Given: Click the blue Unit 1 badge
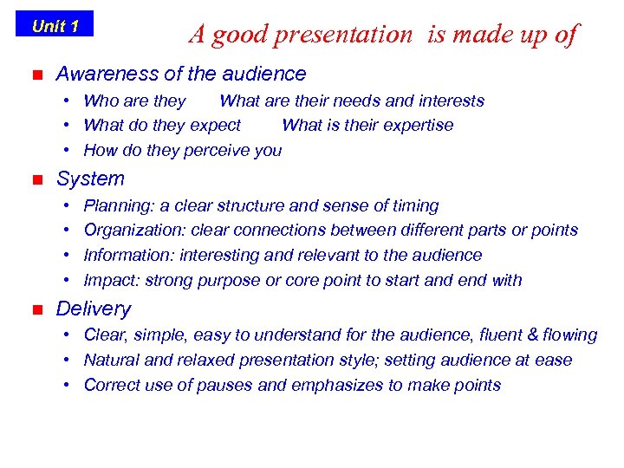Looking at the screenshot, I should click(x=55, y=25).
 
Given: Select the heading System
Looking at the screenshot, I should click(x=90, y=179).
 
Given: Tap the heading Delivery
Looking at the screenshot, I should click(x=94, y=309).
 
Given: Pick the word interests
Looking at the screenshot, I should click(x=450, y=101).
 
